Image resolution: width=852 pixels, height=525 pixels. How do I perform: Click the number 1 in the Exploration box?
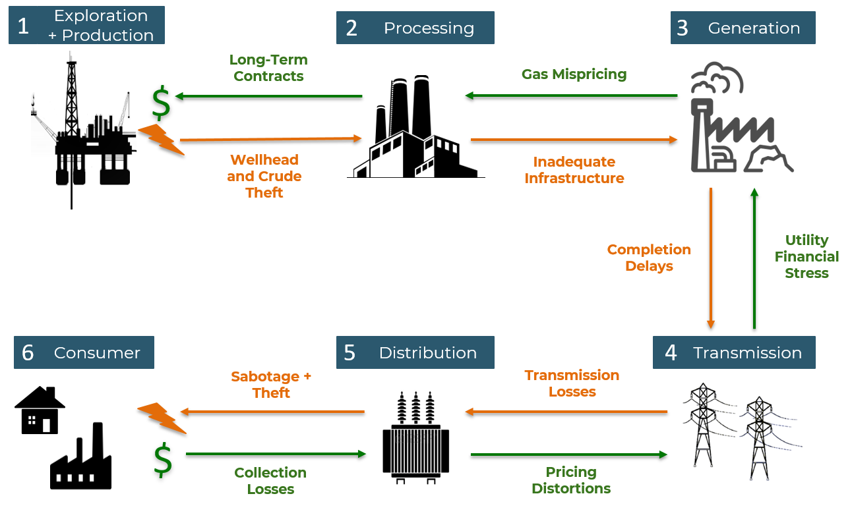24,26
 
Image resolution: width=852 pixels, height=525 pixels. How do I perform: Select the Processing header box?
415,28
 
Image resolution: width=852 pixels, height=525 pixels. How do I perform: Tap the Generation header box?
743,28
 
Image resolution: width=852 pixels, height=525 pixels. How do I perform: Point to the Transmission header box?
734,352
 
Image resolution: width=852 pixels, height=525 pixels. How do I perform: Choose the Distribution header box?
415,352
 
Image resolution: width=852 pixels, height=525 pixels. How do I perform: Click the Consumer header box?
84,352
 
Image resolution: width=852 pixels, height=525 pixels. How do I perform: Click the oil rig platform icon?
82,132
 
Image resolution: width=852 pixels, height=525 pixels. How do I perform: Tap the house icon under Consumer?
40,410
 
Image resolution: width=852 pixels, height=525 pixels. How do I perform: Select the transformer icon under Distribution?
415,438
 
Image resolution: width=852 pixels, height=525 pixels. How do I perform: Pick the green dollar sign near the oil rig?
161,102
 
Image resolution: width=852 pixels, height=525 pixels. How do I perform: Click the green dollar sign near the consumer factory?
163,459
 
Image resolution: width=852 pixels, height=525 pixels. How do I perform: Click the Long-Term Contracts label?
268,68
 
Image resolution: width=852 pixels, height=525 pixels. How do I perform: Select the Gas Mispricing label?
574,74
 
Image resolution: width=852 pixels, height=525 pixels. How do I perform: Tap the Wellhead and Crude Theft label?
264,176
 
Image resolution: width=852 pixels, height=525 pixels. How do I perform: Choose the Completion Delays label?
649,258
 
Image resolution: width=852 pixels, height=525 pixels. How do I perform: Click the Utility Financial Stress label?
806,256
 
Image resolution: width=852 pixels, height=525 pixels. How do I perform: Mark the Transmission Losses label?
572,383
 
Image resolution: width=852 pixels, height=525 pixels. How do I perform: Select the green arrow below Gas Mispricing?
571,96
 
